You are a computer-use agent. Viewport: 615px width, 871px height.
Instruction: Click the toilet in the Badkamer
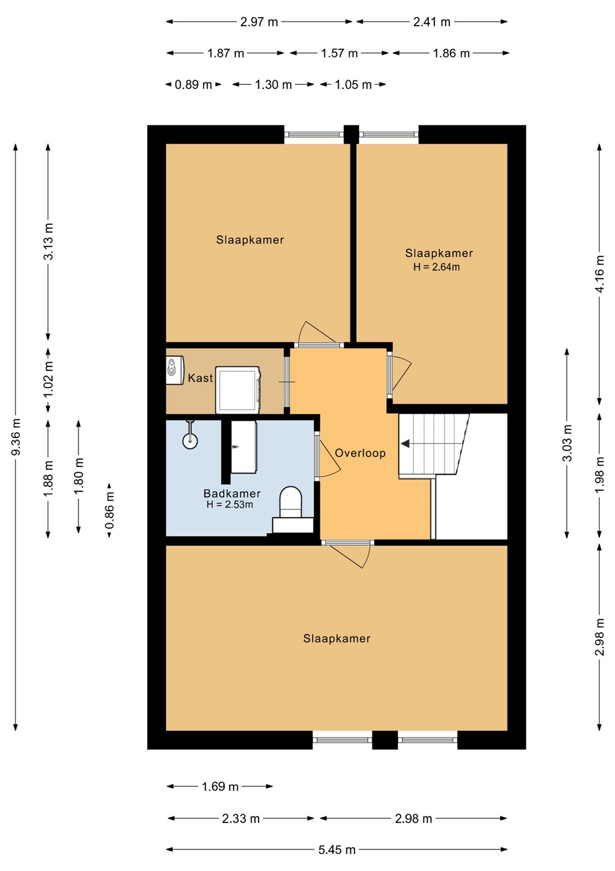click(291, 509)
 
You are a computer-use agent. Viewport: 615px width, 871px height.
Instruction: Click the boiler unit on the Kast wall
click(175, 370)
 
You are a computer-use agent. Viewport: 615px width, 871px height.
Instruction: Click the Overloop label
click(360, 453)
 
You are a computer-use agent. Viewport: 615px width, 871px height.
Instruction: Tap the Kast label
click(201, 378)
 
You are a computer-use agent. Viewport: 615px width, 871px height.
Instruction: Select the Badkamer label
click(232, 494)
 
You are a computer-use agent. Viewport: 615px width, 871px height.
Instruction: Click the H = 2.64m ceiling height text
click(436, 267)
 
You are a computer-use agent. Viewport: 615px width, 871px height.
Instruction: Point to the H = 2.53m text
click(230, 504)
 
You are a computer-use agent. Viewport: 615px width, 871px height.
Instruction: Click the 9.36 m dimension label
click(16, 436)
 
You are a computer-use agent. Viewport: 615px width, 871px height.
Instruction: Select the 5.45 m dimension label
click(337, 850)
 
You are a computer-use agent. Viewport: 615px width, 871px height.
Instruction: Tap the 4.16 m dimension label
click(600, 274)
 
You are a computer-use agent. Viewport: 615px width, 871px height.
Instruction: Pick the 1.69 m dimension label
click(220, 787)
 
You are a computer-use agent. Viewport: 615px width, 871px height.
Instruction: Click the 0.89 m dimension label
click(193, 85)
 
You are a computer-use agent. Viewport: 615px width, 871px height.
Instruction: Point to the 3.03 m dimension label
click(567, 443)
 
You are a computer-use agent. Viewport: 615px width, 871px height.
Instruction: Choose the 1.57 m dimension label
click(339, 53)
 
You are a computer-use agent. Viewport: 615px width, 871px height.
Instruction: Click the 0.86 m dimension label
click(109, 510)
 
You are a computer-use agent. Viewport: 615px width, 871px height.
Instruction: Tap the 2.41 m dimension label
click(432, 22)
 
